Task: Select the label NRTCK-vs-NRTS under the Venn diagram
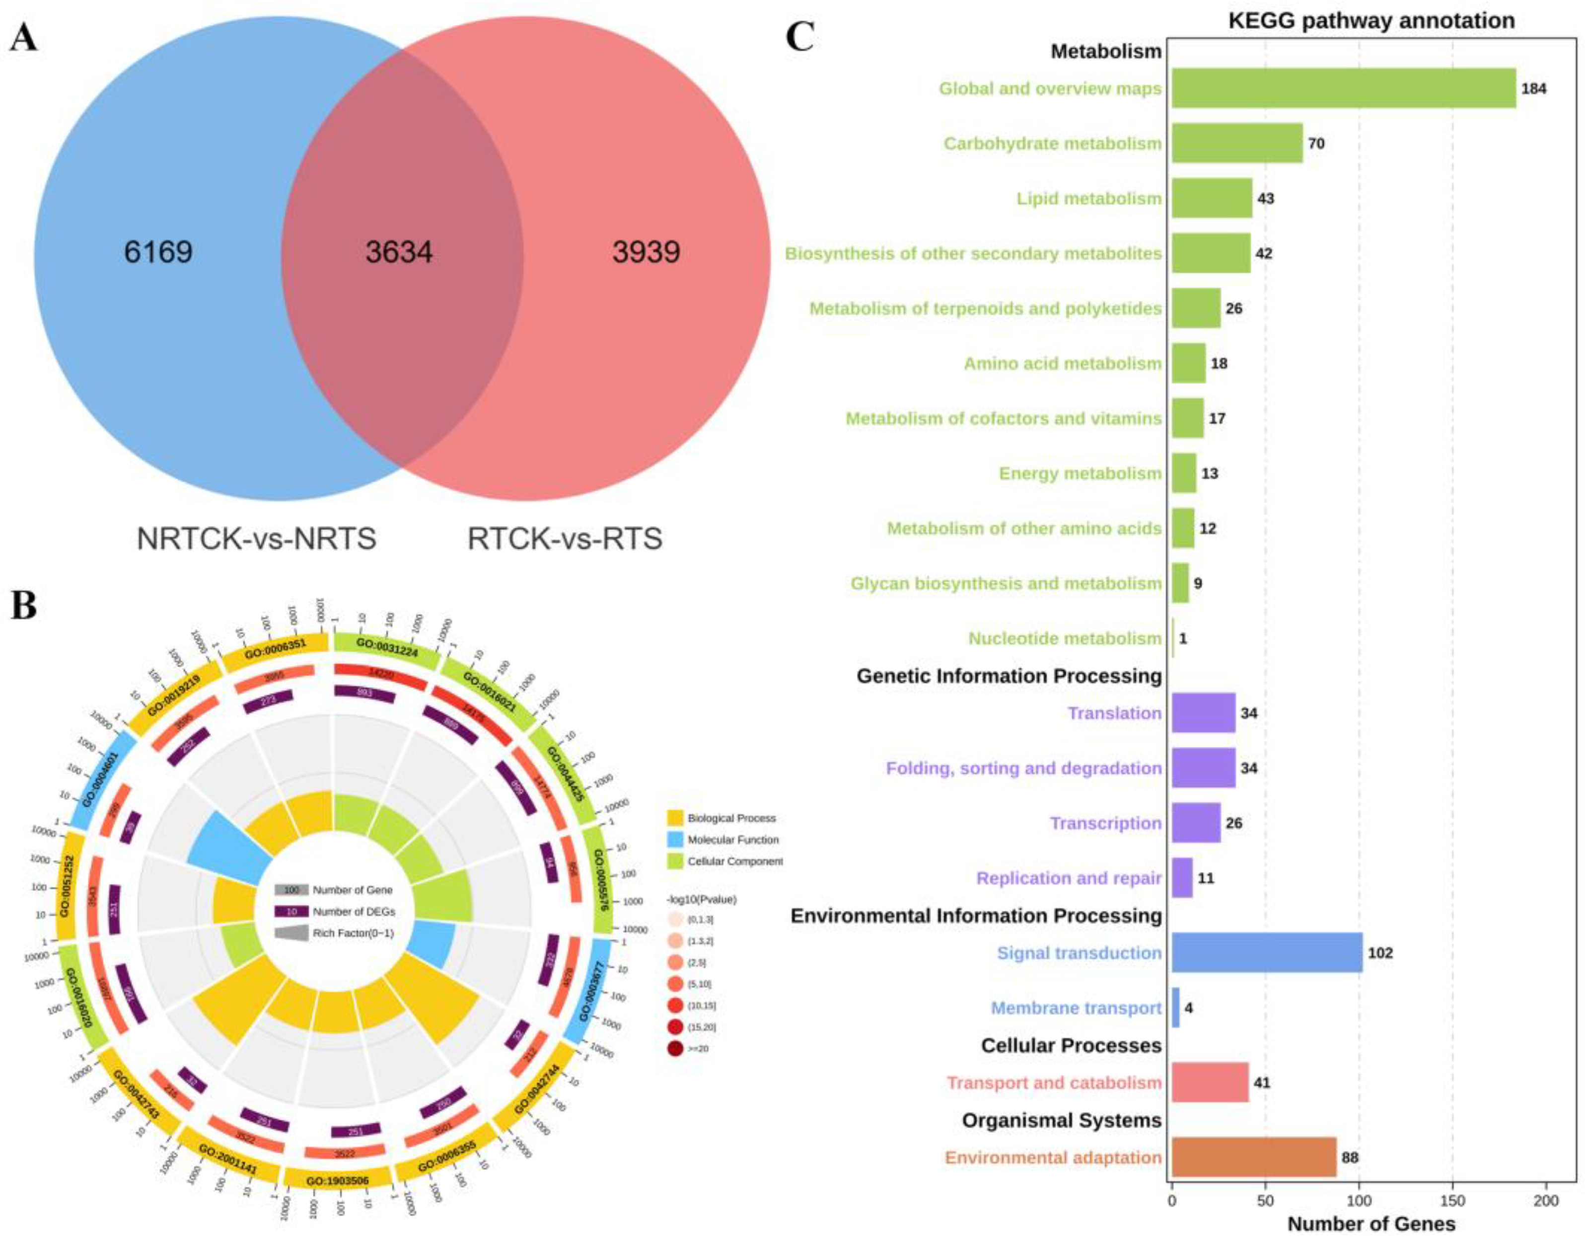257,539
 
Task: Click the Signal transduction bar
1267,952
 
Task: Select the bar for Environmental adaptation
1254,1158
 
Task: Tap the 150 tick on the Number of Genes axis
1452,1201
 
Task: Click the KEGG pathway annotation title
1371,21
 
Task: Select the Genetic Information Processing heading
1009,676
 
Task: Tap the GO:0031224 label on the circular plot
386,647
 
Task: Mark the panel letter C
799,36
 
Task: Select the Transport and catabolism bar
1210,1083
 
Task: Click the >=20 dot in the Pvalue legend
674,1049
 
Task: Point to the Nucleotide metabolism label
1064,638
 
